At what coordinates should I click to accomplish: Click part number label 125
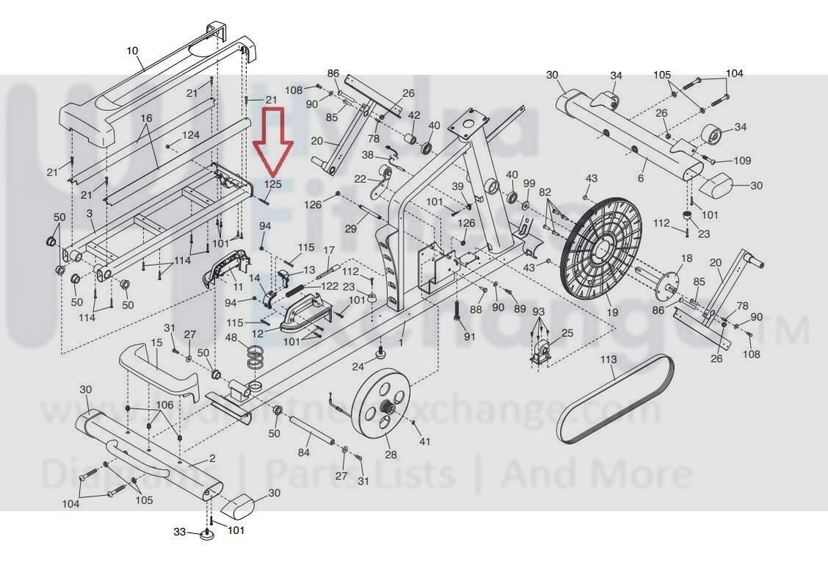273,184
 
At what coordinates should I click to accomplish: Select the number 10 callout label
132,51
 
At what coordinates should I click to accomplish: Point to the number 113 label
608,360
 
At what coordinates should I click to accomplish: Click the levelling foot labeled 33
208,535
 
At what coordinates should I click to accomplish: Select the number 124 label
191,135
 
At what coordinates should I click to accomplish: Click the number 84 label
304,453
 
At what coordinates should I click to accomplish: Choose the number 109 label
742,161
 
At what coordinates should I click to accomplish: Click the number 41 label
424,441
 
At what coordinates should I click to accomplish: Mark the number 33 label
180,532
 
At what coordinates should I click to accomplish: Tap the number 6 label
641,178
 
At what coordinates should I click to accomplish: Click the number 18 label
687,258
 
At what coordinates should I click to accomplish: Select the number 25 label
566,333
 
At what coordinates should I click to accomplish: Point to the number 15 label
156,343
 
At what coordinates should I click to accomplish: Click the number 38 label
368,155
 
